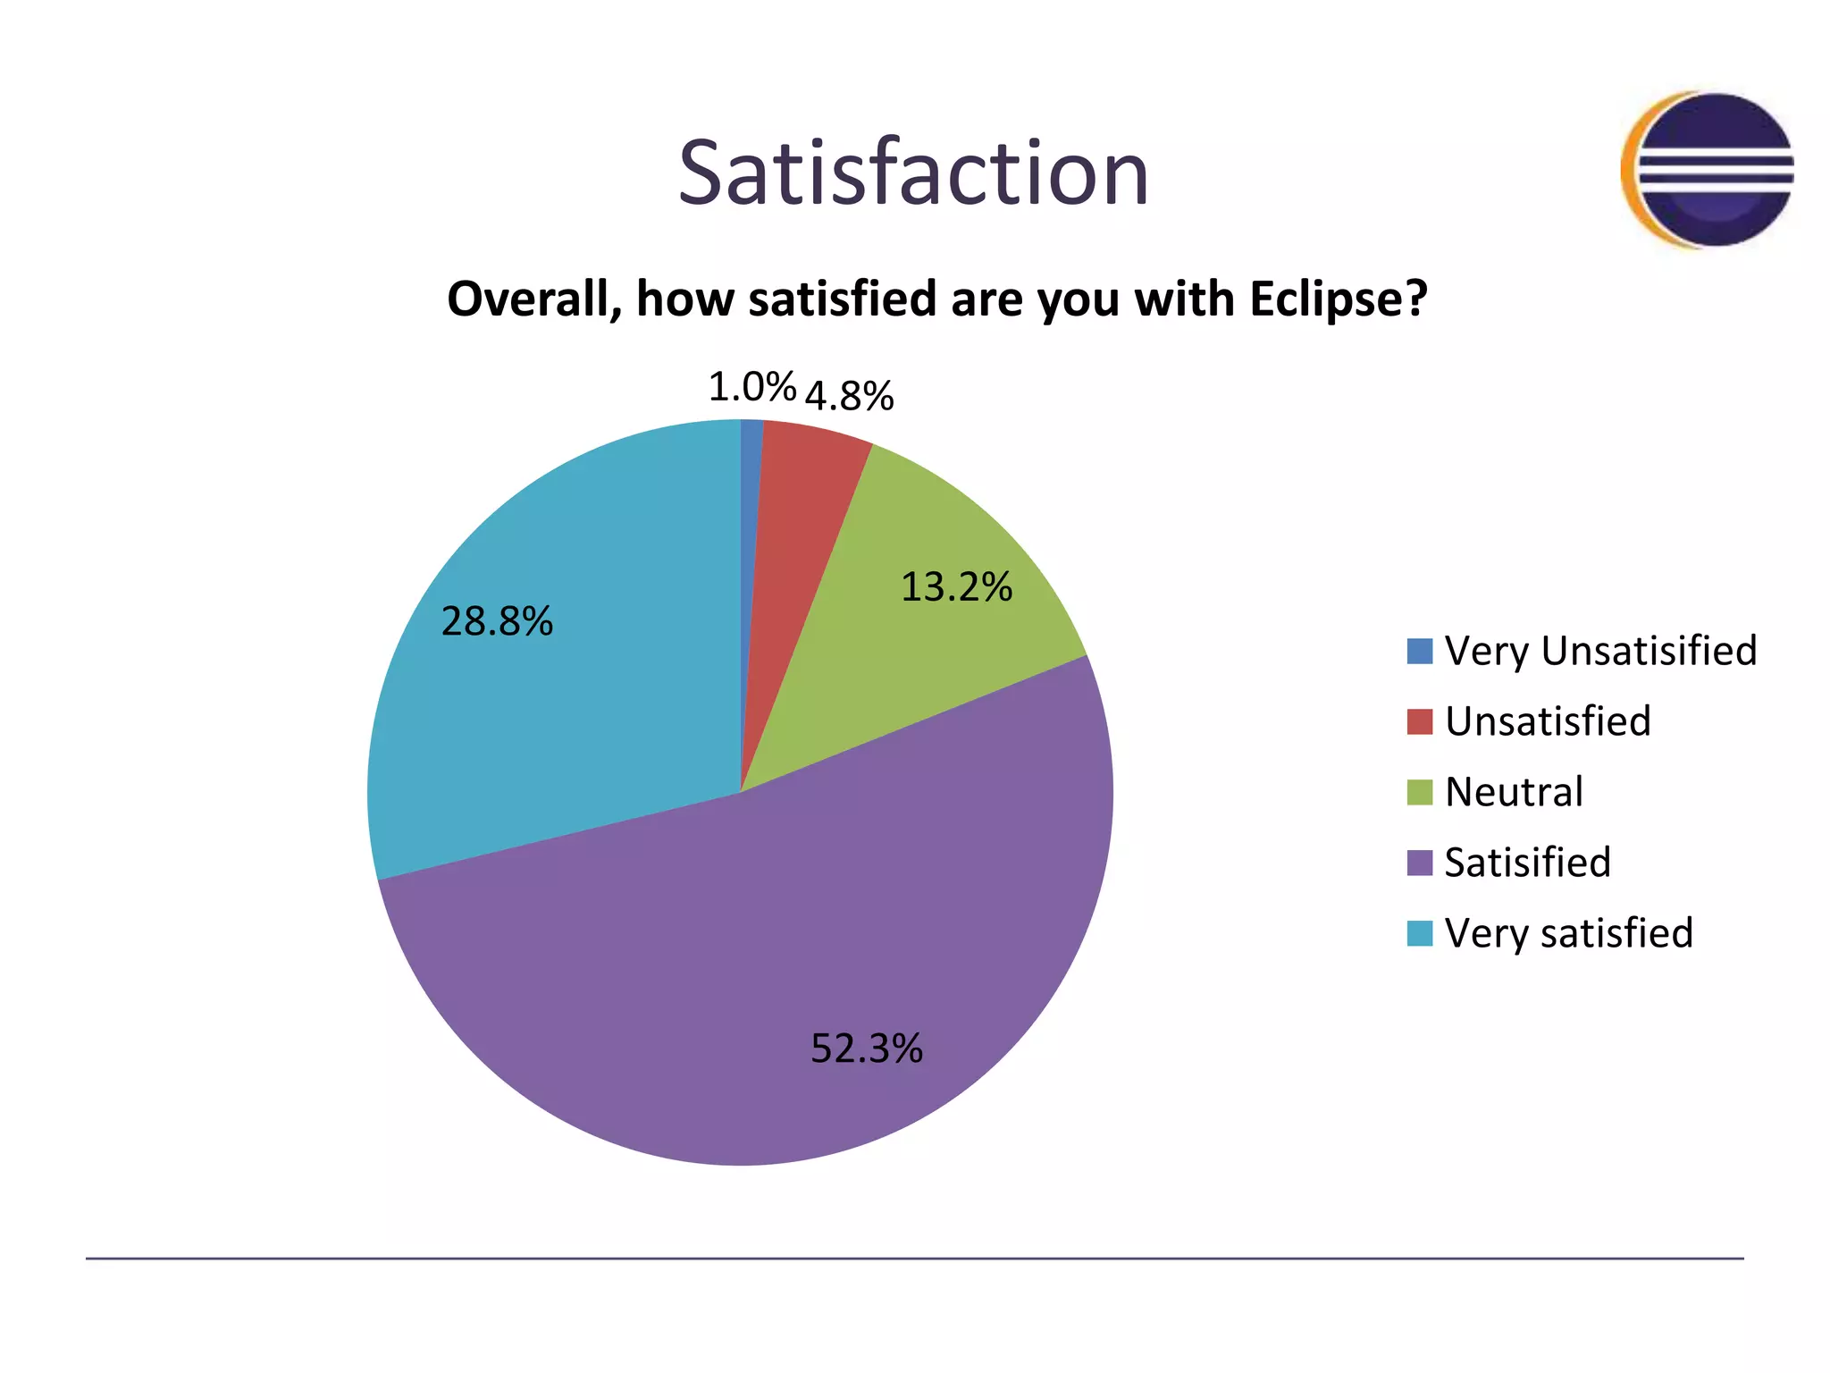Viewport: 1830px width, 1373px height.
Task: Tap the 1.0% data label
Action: click(751, 387)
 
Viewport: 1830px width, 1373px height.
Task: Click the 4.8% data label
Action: click(849, 396)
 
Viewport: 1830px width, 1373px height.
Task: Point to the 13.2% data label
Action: click(956, 587)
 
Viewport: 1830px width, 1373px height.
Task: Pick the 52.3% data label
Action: click(866, 1048)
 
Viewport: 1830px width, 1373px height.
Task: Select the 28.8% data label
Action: click(497, 621)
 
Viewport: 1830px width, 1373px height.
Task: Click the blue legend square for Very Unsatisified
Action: click(1419, 651)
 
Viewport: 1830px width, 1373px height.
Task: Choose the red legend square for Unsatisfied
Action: click(1419, 721)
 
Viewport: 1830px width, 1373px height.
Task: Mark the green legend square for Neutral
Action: click(1419, 792)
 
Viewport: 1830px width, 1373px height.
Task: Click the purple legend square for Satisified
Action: click(1419, 863)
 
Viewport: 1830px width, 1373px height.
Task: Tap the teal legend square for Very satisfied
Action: click(1419, 933)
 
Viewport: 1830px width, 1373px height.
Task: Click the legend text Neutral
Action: click(1514, 792)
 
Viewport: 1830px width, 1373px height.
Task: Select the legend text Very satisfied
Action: click(1568, 933)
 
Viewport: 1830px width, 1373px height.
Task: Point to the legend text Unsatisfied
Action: click(1548, 721)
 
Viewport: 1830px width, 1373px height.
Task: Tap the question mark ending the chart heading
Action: click(1416, 299)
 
